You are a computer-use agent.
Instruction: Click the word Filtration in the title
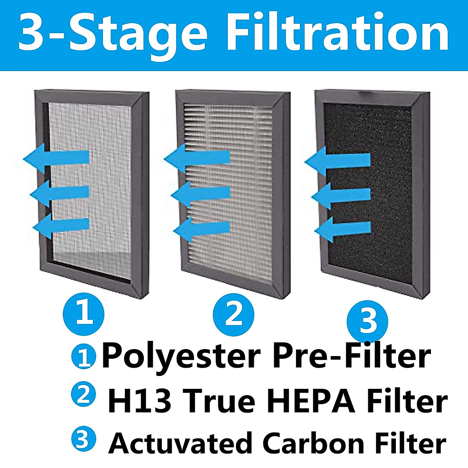337,33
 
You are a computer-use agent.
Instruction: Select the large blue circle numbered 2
234,314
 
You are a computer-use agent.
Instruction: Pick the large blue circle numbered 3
367,322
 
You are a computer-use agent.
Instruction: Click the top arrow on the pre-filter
57,158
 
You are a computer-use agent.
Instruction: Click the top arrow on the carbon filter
337,160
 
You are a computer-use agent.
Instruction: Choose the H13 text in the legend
139,402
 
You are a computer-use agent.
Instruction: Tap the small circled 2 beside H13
83,395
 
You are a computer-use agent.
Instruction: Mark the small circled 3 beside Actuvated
83,439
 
